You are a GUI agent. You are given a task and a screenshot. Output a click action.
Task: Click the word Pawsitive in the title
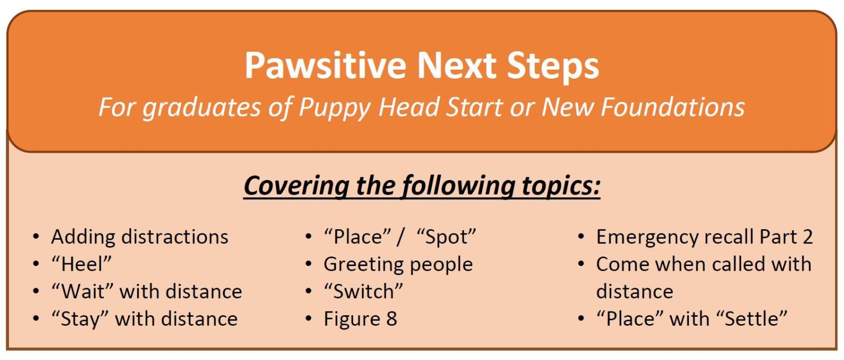click(x=326, y=65)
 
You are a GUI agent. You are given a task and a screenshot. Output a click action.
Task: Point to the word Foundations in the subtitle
click(x=673, y=107)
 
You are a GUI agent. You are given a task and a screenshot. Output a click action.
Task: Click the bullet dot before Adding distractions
click(x=36, y=236)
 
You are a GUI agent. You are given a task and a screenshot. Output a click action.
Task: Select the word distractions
click(x=175, y=237)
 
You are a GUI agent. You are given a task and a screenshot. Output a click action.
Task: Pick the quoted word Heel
click(x=82, y=264)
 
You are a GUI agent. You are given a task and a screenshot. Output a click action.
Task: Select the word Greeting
click(x=364, y=264)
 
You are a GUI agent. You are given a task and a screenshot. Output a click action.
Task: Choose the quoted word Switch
click(x=364, y=291)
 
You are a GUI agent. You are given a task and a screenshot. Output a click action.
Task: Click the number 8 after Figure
click(x=392, y=319)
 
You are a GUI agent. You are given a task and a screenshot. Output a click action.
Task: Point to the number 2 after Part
click(x=808, y=237)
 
